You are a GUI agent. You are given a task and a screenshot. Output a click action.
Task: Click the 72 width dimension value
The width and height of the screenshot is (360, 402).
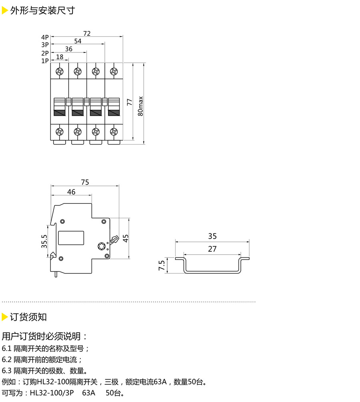[x=87, y=34]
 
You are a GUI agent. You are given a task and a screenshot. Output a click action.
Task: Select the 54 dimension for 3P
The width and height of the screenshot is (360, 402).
[x=78, y=41]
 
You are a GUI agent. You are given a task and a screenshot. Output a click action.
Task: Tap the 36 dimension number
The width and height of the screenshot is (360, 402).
[x=68, y=49]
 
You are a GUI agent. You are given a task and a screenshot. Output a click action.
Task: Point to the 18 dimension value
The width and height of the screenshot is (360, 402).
[x=60, y=57]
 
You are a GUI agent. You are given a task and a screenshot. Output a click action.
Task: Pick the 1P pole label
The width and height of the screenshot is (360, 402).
[x=44, y=61]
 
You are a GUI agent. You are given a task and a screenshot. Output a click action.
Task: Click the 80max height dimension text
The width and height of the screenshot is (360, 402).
[x=140, y=106]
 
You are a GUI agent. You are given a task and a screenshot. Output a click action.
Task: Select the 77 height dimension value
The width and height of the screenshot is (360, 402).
[x=129, y=102]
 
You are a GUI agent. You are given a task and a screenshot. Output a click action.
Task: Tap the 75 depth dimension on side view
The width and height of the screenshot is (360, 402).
[x=85, y=182]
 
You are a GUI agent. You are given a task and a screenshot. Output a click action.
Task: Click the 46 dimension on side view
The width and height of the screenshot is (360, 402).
[x=71, y=192]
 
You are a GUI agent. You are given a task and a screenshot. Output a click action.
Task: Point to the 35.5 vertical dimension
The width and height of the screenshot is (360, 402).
[x=44, y=241]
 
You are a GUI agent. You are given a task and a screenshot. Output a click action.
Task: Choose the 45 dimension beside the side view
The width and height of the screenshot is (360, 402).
[x=126, y=239]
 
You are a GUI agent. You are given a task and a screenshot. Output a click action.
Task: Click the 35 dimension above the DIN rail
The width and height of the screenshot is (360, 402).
[x=212, y=236]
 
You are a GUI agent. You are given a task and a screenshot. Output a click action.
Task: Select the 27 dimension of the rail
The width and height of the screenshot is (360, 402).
[x=212, y=249]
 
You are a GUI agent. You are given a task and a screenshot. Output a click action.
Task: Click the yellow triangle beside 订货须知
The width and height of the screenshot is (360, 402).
[x=5, y=317]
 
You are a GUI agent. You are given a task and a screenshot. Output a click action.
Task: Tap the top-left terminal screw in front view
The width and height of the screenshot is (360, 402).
[x=60, y=72]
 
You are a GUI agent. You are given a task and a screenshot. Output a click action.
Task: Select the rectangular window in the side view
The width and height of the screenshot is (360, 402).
[x=71, y=238]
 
